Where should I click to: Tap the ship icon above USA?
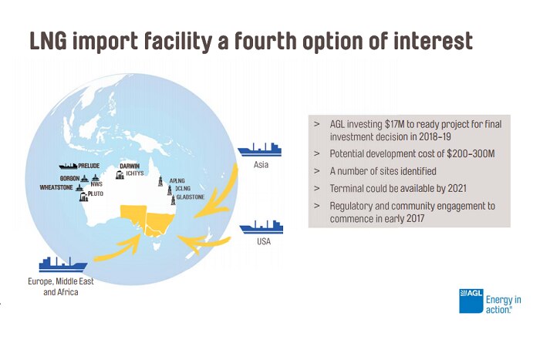click(262, 227)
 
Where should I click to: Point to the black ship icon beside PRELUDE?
click(69, 165)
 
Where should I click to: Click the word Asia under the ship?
click(261, 165)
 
